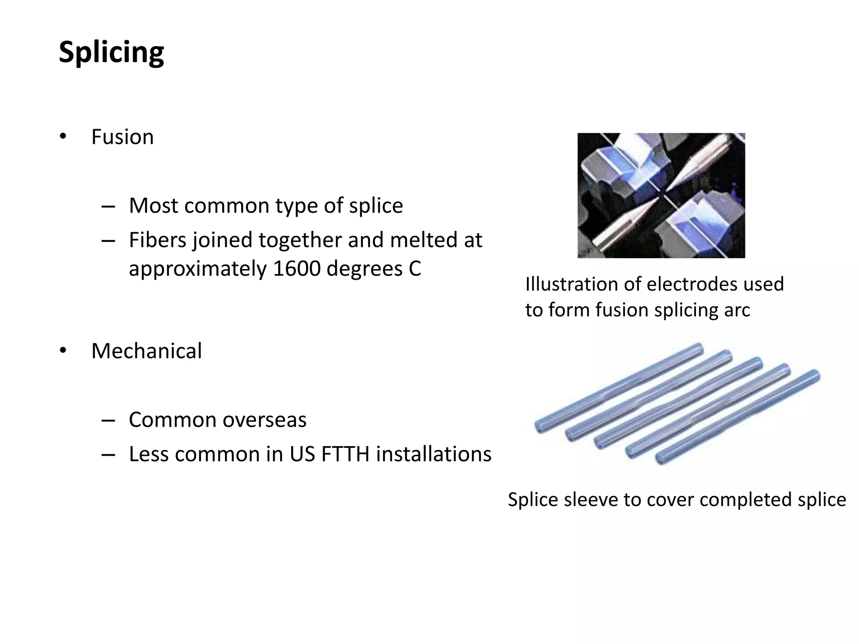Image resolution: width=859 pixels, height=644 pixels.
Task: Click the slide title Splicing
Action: click(111, 52)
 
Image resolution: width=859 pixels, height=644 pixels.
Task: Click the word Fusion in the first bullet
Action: click(122, 137)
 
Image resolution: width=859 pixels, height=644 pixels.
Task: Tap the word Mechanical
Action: click(146, 351)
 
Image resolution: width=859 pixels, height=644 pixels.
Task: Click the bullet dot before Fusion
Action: click(63, 137)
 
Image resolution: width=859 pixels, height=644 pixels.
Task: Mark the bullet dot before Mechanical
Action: click(63, 351)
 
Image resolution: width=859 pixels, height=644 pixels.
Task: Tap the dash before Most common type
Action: click(108, 206)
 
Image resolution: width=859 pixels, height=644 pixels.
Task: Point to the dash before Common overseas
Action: click(108, 420)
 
